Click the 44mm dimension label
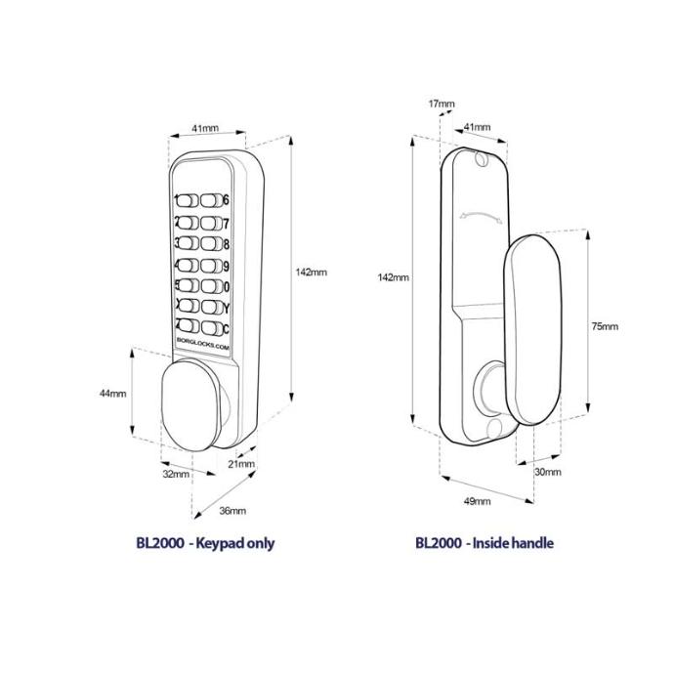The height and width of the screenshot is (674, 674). pos(113,393)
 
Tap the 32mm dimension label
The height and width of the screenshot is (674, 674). pos(176,474)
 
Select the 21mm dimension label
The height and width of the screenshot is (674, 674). pos(241,464)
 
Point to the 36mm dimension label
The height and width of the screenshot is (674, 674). pos(232,511)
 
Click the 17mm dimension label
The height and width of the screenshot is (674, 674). pos(442,104)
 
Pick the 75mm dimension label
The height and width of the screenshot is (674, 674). pos(605,326)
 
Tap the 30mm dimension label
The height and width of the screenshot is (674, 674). pos(548,472)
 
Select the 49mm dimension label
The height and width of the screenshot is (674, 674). pos(477,501)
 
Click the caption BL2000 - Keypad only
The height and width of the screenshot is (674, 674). pos(205,543)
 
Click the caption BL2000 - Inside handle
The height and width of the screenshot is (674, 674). pos(484,543)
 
